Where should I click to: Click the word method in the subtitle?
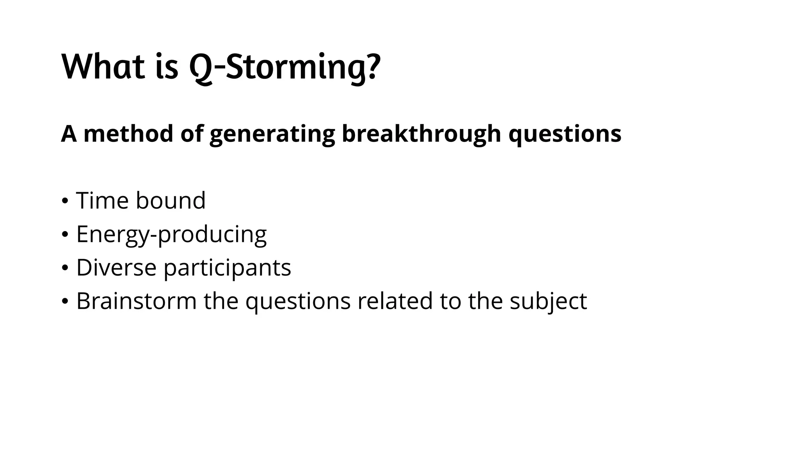click(x=128, y=134)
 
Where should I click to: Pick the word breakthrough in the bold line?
click(x=421, y=134)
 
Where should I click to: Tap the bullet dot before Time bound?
click(x=65, y=202)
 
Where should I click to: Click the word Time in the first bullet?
click(x=102, y=201)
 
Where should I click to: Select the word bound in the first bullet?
click(x=170, y=201)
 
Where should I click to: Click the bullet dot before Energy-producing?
click(x=65, y=235)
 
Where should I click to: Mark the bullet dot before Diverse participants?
click(x=65, y=269)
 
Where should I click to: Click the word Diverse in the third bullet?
click(x=116, y=268)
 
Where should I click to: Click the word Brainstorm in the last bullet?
click(x=136, y=301)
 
